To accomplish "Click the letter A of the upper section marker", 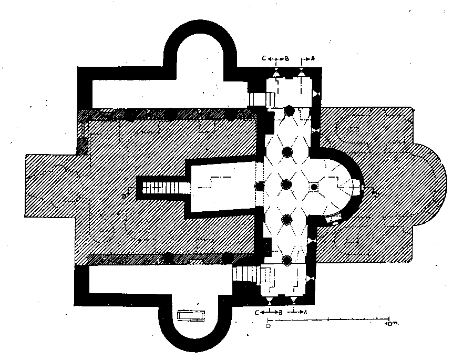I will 313,58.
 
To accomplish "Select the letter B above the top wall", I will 287,58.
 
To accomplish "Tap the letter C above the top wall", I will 265,58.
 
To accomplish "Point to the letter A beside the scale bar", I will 305,312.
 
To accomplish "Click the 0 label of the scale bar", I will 268,325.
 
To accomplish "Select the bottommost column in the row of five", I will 287,260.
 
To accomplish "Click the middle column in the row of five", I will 286,185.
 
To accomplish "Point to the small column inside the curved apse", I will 314,187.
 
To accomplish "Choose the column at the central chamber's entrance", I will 259,186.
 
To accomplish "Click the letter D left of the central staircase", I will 125,196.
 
